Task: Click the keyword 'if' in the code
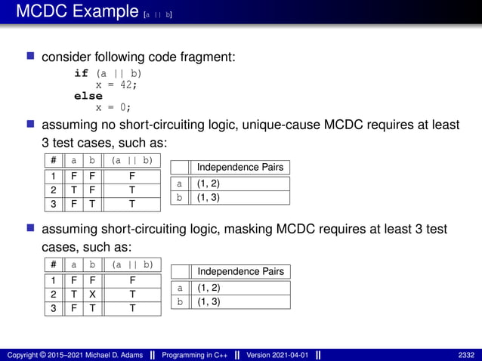[x=81, y=73]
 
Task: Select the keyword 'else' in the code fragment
[x=88, y=96]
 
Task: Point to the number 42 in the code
[x=126, y=85]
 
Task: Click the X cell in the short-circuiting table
[x=92, y=294]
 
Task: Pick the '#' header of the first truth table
[x=53, y=160]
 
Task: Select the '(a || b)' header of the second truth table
[x=132, y=264]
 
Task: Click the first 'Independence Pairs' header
[x=230, y=167]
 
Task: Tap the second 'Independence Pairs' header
[x=230, y=271]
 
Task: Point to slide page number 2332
[x=465, y=355]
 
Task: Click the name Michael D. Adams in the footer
[x=102, y=355]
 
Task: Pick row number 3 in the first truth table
[x=53, y=204]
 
